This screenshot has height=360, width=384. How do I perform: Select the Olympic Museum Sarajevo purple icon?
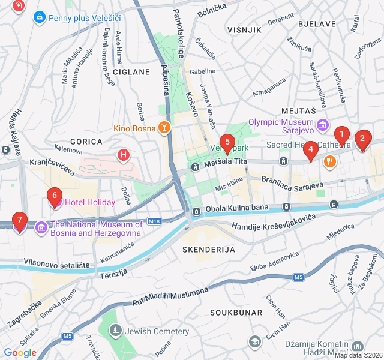[x=323, y=125]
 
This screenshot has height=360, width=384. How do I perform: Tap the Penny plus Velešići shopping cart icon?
[x=40, y=17]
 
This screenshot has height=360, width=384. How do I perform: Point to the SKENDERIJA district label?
[x=208, y=248]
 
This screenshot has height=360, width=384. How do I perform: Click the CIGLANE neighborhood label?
[x=131, y=72]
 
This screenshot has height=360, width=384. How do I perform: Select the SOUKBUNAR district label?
[x=236, y=313]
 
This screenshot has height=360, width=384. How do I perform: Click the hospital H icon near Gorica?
[x=124, y=156]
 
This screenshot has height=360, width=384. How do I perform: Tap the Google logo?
[x=20, y=352]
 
